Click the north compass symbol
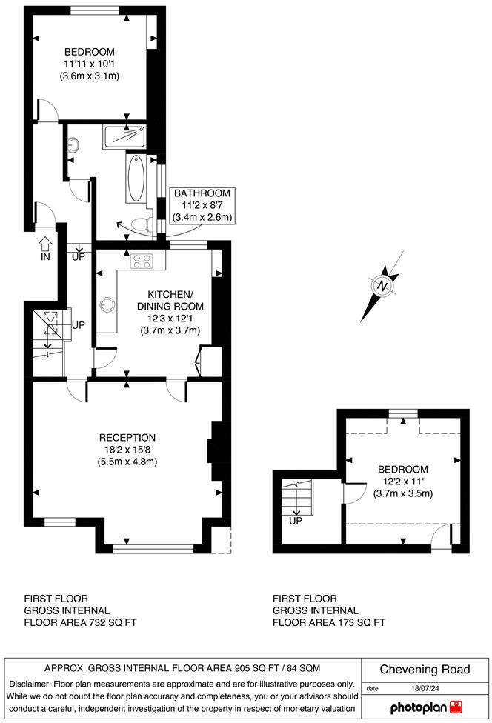(383, 285)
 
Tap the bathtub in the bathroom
(137, 179)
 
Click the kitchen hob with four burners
(141, 261)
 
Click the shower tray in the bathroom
(124, 136)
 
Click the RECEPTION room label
(127, 437)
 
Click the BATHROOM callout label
(202, 193)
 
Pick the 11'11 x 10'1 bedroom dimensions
(90, 64)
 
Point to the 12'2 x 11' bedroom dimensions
(402, 482)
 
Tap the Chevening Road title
(425, 670)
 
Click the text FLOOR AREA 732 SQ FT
(80, 622)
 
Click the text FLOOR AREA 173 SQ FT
(329, 622)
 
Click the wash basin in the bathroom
(73, 145)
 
